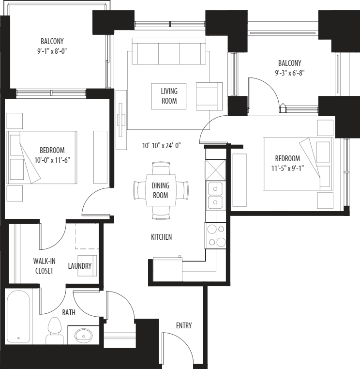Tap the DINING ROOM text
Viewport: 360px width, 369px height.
[160, 190]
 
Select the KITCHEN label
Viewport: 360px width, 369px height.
[161, 237]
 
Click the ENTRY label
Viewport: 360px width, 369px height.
[183, 325]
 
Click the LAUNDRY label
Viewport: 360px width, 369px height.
[80, 266]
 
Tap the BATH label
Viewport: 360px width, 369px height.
[68, 313]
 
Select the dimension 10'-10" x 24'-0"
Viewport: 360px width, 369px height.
[162, 145]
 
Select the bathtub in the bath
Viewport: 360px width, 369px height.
[18, 316]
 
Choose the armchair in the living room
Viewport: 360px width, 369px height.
[209, 96]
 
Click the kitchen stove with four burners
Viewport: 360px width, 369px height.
[215, 236]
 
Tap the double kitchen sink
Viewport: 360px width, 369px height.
[215, 195]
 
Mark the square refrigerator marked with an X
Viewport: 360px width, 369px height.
[215, 169]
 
